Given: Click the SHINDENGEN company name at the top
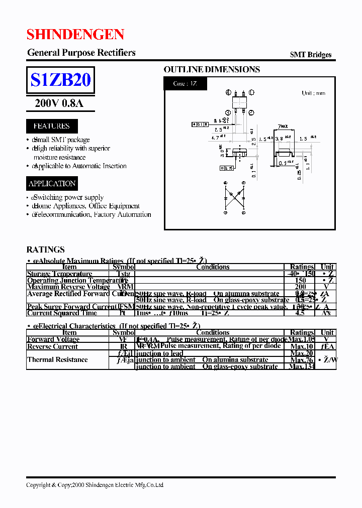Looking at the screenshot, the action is [x=75, y=34].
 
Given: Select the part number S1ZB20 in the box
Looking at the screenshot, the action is [x=60, y=80].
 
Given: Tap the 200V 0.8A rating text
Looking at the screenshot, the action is [x=59, y=103].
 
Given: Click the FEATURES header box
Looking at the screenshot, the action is [x=52, y=126].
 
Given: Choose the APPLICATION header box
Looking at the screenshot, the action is [x=52, y=184].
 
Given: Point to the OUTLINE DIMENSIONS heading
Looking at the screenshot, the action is [x=212, y=70].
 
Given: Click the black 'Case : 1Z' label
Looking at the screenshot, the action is [x=185, y=84].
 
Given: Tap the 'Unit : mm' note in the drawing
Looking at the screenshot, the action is [x=313, y=93].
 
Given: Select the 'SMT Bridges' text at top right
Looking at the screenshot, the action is [x=310, y=55].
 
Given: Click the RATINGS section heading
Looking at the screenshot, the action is [x=45, y=249].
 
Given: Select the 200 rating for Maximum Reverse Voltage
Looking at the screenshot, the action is [x=301, y=287].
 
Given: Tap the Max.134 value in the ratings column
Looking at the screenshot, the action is [x=302, y=366].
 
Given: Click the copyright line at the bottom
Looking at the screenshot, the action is [x=95, y=485].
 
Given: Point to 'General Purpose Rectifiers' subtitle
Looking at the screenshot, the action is [x=81, y=53].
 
